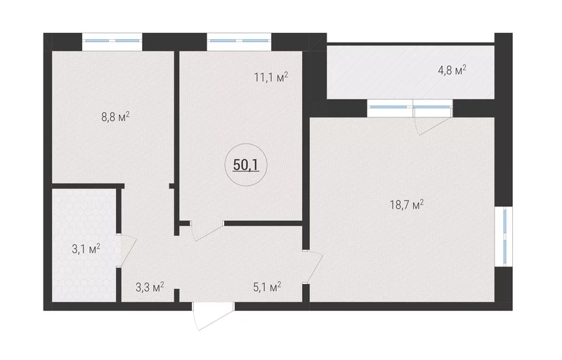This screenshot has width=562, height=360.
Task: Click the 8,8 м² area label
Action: [x=115, y=117]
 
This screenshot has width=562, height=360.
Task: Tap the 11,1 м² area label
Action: [x=271, y=77]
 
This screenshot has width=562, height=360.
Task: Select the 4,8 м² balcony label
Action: [x=452, y=70]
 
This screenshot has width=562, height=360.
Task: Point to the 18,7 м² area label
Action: [x=407, y=205]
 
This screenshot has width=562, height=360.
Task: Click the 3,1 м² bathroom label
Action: [x=86, y=248]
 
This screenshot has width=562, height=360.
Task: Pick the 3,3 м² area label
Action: [x=150, y=287]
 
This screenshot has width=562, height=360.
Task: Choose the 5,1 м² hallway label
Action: [x=267, y=287]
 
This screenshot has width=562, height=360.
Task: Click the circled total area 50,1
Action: [x=246, y=165]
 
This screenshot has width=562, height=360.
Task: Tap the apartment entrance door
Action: [x=214, y=315]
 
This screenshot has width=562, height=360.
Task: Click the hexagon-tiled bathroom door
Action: [x=128, y=250]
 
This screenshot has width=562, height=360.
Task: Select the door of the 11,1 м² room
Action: [x=207, y=231]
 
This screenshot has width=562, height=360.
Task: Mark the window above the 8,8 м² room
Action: [x=112, y=41]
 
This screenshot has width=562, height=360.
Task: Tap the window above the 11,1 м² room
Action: [x=239, y=41]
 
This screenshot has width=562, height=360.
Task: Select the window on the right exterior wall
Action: [x=504, y=236]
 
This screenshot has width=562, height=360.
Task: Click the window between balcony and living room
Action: [x=410, y=108]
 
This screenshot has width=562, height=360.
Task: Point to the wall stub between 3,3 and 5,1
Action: [x=176, y=295]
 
